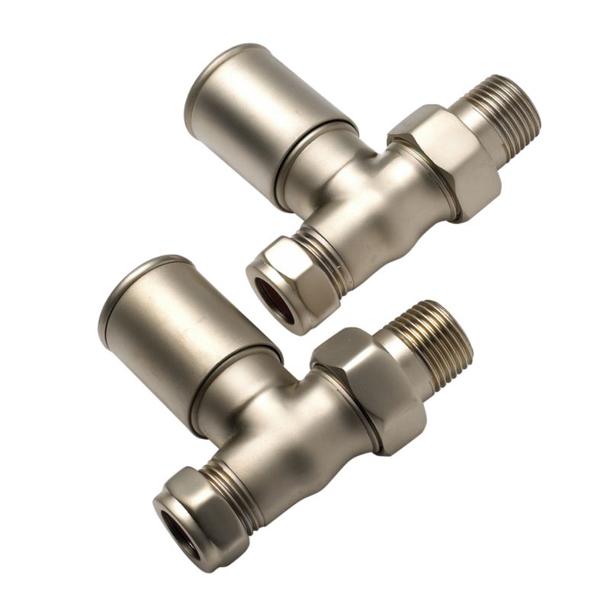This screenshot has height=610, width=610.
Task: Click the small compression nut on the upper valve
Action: point(286,282)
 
